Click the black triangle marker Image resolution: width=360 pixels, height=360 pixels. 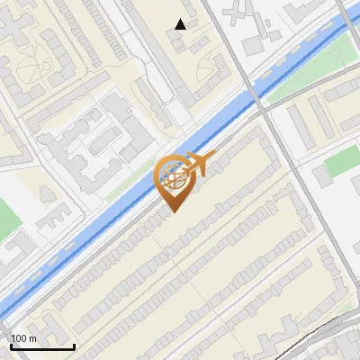pyautogui.click(x=181, y=24)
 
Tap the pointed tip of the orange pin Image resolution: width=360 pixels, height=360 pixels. pyautogui.click(x=172, y=212)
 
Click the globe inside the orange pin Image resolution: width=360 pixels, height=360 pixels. pyautogui.click(x=174, y=176)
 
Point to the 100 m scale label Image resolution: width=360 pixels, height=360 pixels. pyautogui.click(x=23, y=338)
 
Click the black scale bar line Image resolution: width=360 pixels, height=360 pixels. pyautogui.click(x=42, y=347)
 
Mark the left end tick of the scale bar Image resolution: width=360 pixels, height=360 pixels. pyautogui.click(x=11, y=346)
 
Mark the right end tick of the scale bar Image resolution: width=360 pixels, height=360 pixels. pyautogui.click(x=74, y=346)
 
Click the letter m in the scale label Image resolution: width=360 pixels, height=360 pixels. pyautogui.click(x=33, y=339)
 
